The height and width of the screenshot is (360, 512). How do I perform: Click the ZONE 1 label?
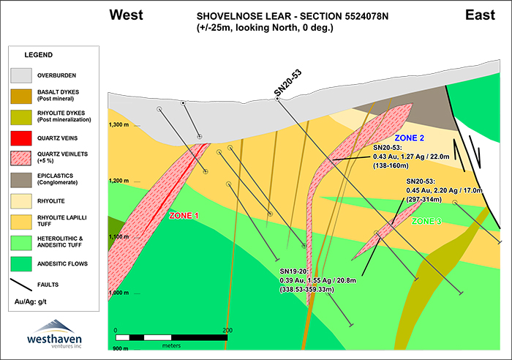click(x=184, y=215)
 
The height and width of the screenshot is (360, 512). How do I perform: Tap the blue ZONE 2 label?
click(x=409, y=138)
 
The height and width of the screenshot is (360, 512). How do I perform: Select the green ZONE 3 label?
click(x=426, y=220)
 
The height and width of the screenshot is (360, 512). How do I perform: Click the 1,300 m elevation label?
click(x=119, y=125)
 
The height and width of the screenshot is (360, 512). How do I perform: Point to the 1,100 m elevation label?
click(x=119, y=237)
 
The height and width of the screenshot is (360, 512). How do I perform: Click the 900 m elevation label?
click(x=120, y=349)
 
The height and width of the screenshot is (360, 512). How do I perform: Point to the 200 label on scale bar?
click(x=227, y=331)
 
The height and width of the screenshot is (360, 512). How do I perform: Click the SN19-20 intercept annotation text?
click(x=306, y=280)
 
